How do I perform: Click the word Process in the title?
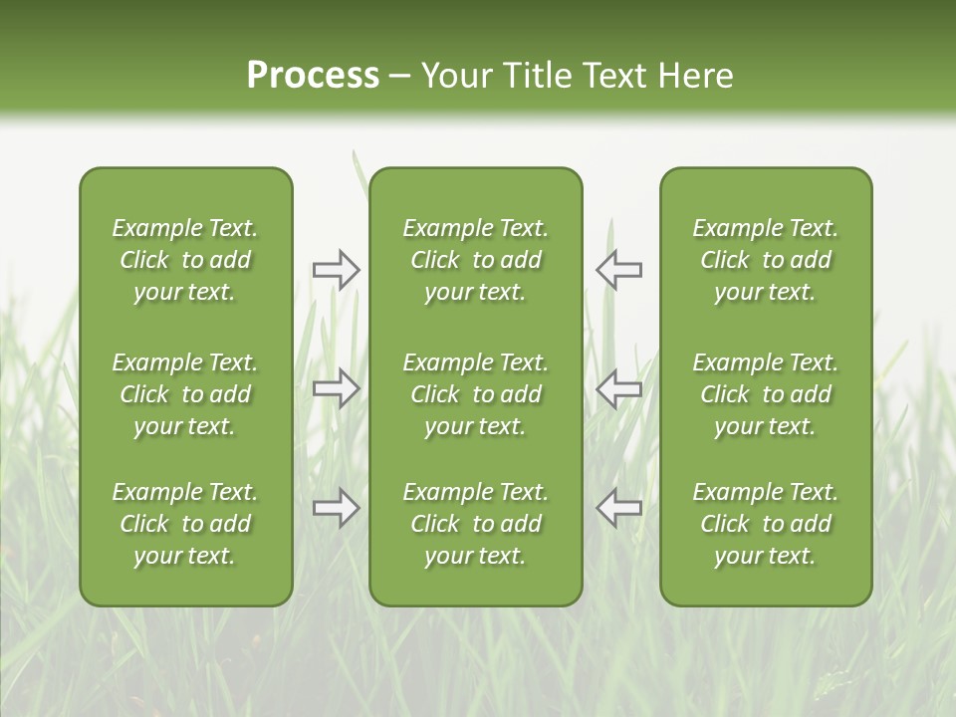tap(313, 76)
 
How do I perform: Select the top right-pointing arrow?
tap(337, 270)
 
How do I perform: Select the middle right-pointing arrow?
tap(337, 387)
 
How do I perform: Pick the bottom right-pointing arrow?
tap(337, 508)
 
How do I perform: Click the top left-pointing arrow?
tap(618, 270)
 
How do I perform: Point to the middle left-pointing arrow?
tap(618, 387)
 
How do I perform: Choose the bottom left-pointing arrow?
tap(618, 508)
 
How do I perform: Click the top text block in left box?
tap(185, 260)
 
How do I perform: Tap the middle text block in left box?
tap(185, 394)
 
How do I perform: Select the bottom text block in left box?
tap(185, 524)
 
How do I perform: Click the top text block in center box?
tap(475, 260)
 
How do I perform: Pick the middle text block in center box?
tap(475, 394)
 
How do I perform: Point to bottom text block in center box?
tap(475, 524)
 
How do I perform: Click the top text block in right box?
tap(765, 260)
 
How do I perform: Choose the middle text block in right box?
tap(765, 394)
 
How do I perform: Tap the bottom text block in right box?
tap(765, 524)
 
